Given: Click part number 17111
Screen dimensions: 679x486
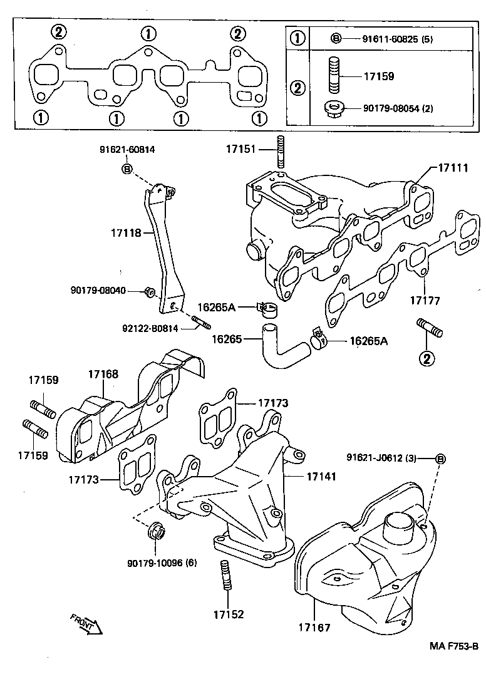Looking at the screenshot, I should (452, 168).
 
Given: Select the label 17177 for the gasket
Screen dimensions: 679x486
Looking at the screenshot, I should (425, 301).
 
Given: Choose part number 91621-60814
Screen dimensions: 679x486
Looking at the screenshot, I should (127, 150).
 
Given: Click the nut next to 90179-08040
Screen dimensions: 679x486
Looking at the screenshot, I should (150, 291).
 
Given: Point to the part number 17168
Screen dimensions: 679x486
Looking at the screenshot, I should (103, 374).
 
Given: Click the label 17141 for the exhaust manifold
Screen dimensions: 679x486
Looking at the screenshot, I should (321, 476).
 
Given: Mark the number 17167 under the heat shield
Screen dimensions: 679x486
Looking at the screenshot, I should (314, 626).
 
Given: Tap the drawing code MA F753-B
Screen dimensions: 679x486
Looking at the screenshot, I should (453, 646).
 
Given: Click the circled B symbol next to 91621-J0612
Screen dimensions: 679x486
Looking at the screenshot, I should (440, 459).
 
